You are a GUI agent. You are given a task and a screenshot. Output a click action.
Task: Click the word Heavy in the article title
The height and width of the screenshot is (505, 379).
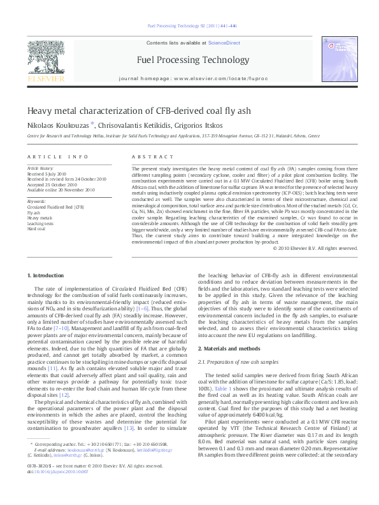[x=39, y=111]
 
